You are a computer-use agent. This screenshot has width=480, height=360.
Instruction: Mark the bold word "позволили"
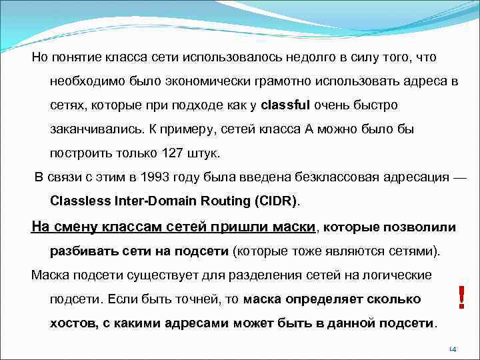(422, 227)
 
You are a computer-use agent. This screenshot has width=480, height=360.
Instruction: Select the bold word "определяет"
(321, 299)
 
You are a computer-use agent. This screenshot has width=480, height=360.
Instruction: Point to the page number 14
(452, 349)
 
